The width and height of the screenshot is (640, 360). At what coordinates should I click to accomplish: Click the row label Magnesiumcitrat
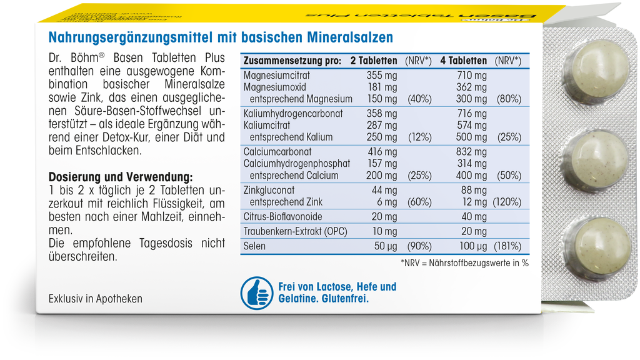pos(277,75)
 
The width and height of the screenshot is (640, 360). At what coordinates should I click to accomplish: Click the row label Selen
pos(254,246)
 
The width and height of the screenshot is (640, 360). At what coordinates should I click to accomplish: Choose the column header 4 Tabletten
pos(463,61)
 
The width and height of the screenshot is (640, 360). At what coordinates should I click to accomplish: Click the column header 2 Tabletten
pos(373,61)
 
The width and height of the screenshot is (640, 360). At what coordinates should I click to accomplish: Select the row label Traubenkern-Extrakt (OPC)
pos(296,231)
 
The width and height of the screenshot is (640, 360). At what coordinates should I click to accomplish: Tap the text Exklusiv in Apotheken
pos(95,299)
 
